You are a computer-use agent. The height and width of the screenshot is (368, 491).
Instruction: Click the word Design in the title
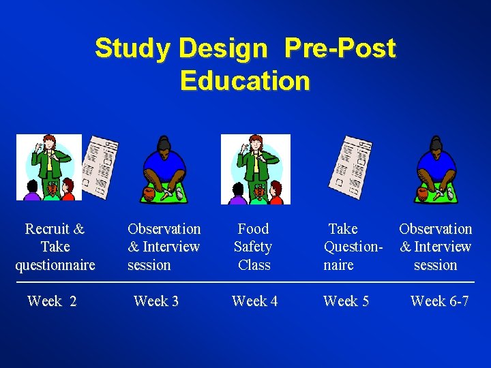(222, 48)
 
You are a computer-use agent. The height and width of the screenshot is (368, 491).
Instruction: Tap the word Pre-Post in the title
(340, 48)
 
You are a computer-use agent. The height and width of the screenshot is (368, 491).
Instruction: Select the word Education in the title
(245, 81)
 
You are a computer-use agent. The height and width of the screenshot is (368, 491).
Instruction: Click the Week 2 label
(52, 301)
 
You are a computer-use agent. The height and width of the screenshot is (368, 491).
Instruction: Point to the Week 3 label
(156, 301)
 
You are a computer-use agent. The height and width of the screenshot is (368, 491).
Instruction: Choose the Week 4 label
(254, 301)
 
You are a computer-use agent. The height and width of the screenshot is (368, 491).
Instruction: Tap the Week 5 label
(346, 301)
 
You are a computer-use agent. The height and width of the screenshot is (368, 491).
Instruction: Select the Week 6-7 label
(439, 301)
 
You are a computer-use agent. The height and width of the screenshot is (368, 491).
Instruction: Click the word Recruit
(48, 229)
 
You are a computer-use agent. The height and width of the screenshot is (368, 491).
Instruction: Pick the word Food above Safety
(253, 229)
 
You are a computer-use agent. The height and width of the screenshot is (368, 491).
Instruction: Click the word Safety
(253, 247)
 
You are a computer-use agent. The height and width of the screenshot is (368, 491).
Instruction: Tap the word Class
(254, 265)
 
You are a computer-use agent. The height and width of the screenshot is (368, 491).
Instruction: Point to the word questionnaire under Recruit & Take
(55, 265)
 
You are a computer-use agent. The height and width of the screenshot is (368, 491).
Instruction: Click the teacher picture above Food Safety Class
(255, 169)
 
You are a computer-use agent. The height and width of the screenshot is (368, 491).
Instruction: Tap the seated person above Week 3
(163, 170)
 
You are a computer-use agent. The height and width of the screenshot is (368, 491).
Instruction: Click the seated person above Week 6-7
(435, 170)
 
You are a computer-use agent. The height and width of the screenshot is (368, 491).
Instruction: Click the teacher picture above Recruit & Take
(48, 168)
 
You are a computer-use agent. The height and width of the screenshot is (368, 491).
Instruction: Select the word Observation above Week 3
(164, 229)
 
